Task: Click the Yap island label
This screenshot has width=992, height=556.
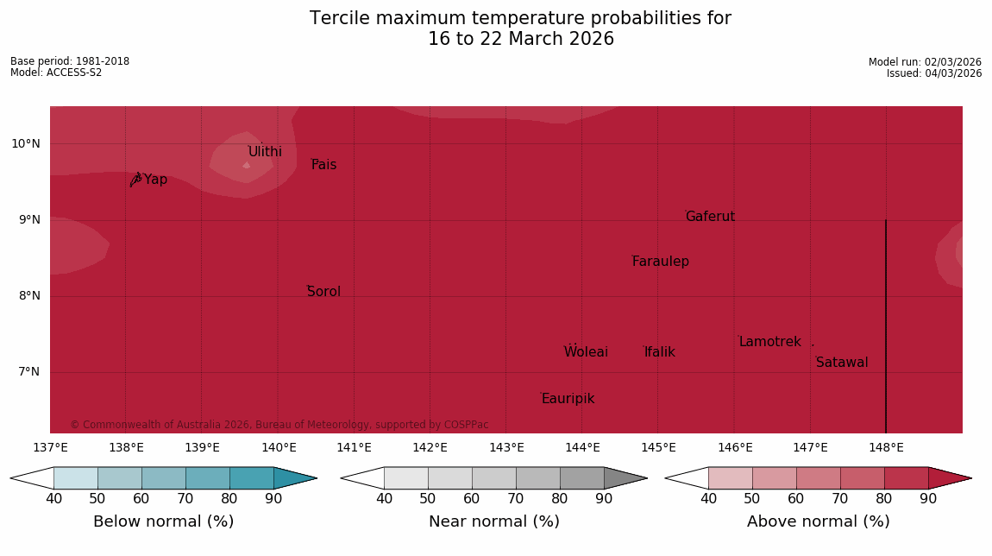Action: (156, 180)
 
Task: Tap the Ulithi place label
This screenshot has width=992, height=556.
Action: (265, 152)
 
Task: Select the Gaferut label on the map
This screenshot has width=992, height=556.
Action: (710, 217)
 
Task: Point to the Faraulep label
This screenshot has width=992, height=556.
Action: (660, 262)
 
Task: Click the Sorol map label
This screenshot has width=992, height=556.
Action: (323, 292)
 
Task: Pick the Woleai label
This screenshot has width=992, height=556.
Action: (586, 352)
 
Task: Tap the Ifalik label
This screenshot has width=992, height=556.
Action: (659, 352)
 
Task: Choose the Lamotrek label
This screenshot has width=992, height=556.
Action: (769, 342)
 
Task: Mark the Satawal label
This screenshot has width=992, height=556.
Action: (842, 363)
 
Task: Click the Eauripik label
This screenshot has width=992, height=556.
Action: (568, 399)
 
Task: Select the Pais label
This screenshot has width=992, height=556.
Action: (323, 165)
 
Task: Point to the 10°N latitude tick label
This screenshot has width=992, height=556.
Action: (26, 143)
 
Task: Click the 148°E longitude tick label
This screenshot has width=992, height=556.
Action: (886, 447)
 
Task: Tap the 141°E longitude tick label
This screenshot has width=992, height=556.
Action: (354, 447)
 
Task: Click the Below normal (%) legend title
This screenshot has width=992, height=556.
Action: (163, 521)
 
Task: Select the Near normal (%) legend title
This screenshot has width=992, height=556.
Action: (493, 521)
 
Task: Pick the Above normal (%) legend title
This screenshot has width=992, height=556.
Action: (818, 521)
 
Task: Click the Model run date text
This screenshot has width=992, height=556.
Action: (925, 62)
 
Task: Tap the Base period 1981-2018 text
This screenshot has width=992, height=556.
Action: (70, 61)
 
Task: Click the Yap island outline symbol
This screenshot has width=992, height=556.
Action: (135, 179)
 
